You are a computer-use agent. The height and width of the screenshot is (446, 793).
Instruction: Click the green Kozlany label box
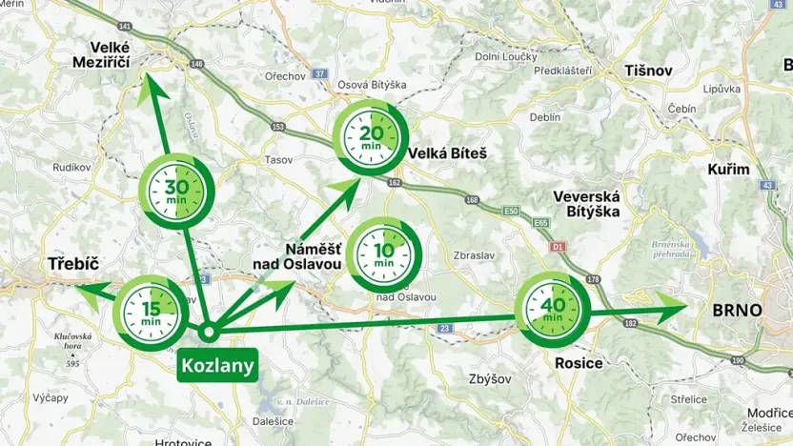coord(219,365)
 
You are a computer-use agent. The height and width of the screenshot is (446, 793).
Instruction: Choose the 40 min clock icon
coord(553,310)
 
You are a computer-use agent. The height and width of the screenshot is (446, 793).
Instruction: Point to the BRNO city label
coord(737,311)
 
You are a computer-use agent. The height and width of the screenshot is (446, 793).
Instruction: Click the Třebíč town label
coord(74,264)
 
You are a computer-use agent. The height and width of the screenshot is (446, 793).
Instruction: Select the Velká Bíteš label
coord(447,152)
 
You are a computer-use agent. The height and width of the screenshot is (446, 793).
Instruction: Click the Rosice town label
coord(579,363)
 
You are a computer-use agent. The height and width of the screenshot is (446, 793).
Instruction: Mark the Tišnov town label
coord(648,71)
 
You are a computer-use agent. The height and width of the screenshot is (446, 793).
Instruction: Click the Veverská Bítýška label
coord(586,204)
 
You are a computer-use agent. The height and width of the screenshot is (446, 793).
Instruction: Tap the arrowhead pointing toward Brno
coord(672,309)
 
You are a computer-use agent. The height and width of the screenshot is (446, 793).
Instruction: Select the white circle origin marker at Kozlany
coord(209,333)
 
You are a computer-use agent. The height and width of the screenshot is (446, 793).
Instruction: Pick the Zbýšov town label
coord(491,378)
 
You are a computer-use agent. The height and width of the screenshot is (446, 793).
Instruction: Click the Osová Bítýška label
coord(372,85)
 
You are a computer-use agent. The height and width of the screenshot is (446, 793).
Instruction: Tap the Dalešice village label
coord(274,420)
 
